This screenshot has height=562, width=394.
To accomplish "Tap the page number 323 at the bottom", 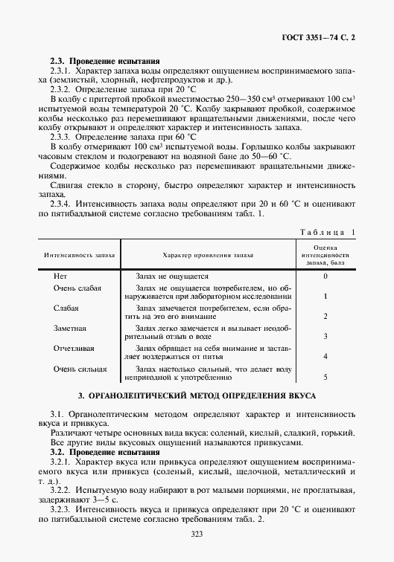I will tap(197, 533).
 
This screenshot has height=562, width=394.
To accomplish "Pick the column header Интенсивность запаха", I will tap(80, 253).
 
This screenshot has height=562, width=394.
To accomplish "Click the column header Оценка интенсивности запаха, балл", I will tap(326, 253).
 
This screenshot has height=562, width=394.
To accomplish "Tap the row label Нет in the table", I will tap(61, 276).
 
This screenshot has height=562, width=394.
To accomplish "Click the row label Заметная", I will tap(70, 328).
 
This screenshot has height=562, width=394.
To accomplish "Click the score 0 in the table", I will tap(326, 276).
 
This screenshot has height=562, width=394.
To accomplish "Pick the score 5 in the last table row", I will tap(326, 377).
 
